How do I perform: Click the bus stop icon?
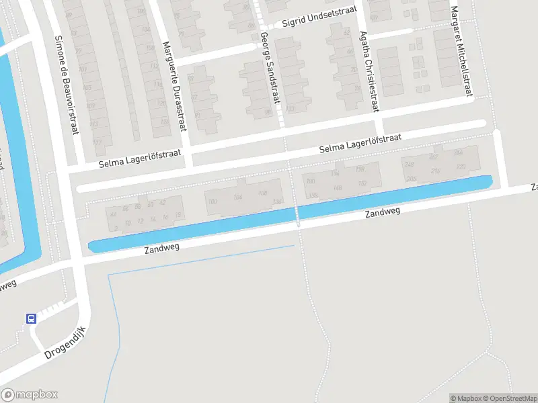[x=32, y=318]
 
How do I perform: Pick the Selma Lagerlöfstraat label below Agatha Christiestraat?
[x=360, y=142]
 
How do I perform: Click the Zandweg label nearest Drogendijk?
[x=162, y=249]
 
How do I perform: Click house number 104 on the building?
[x=237, y=197]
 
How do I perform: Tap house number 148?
[x=338, y=187]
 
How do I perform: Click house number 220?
[x=460, y=166]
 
